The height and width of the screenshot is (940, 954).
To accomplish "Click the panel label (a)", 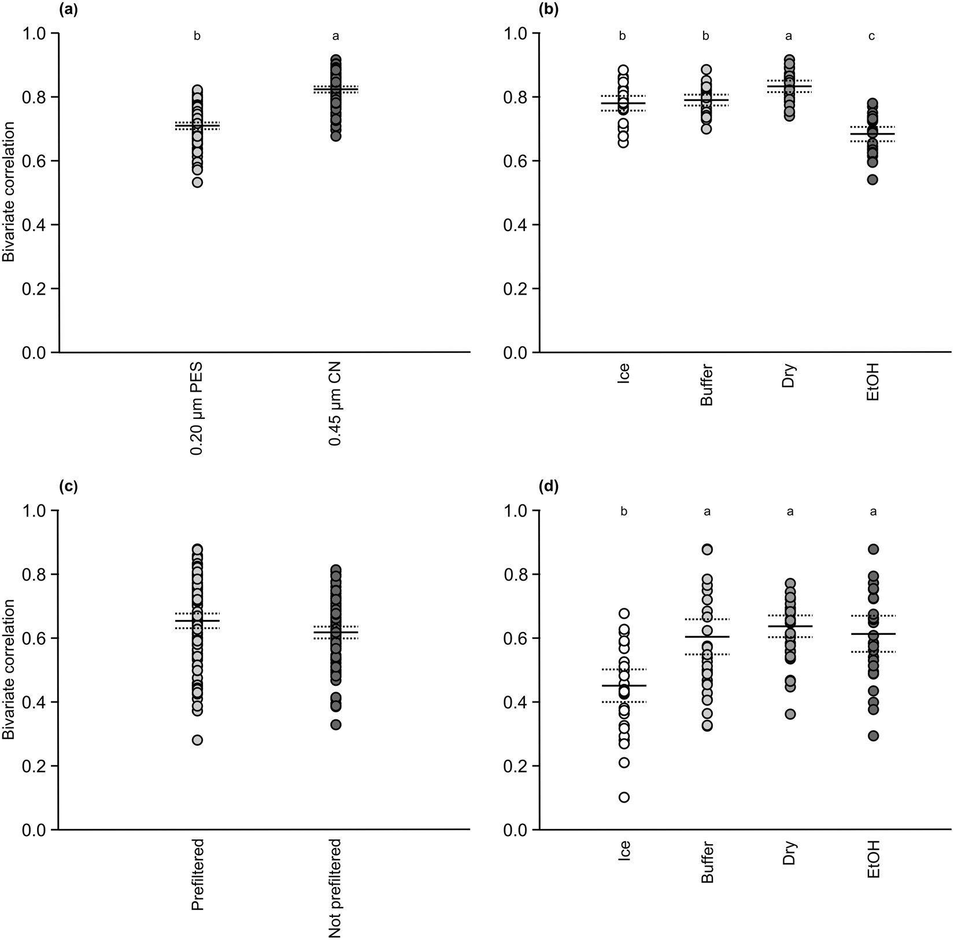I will pyautogui.click(x=68, y=10).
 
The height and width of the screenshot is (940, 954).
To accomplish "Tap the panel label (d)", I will pyautogui.click(x=549, y=487).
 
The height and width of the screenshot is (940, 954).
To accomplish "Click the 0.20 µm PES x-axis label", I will pyautogui.click(x=197, y=409).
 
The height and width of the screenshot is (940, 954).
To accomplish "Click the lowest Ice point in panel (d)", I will pyautogui.click(x=624, y=797).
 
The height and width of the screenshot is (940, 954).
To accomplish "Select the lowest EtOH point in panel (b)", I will pyautogui.click(x=872, y=180).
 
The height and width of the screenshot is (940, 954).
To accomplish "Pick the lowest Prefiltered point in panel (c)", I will pyautogui.click(x=197, y=740).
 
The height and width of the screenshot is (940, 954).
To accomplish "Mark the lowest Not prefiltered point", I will pyautogui.click(x=335, y=724).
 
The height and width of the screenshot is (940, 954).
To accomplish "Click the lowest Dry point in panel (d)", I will pyautogui.click(x=790, y=714).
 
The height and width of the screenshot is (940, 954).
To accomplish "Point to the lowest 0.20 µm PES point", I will pyautogui.click(x=197, y=183).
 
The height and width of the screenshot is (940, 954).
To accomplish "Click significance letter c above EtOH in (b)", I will pyautogui.click(x=872, y=36).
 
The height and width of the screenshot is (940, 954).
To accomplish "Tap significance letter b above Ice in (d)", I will pyautogui.click(x=624, y=512).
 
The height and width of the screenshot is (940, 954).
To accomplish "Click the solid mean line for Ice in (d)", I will pyautogui.click(x=624, y=685).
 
